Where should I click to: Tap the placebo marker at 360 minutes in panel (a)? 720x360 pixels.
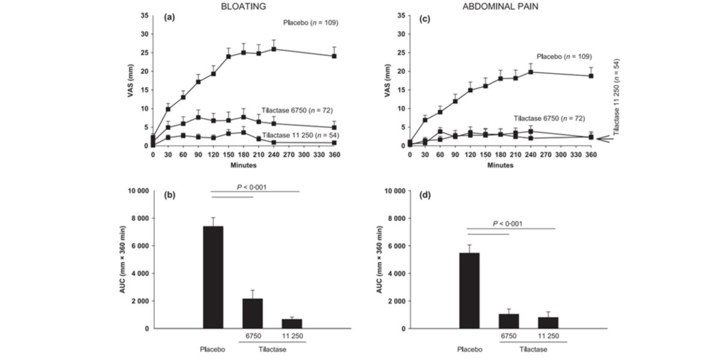(334, 56)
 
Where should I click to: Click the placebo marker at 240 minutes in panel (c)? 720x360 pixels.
(530, 72)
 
